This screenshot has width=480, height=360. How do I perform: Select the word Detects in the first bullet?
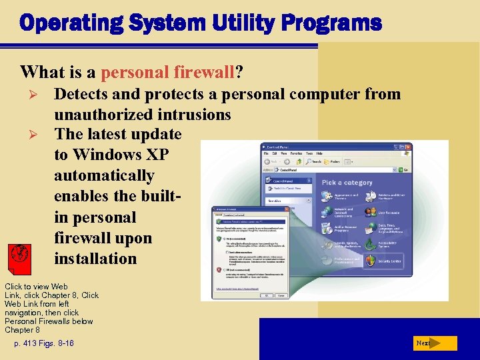(85, 95)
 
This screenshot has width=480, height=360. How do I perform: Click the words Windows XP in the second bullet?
(121, 155)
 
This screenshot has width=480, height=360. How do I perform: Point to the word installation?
(95, 259)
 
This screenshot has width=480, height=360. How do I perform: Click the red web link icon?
(20, 254)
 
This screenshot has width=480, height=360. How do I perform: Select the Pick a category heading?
(347, 182)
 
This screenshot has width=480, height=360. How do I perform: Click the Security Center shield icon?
(371, 261)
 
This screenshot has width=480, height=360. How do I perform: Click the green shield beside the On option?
(218, 237)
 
